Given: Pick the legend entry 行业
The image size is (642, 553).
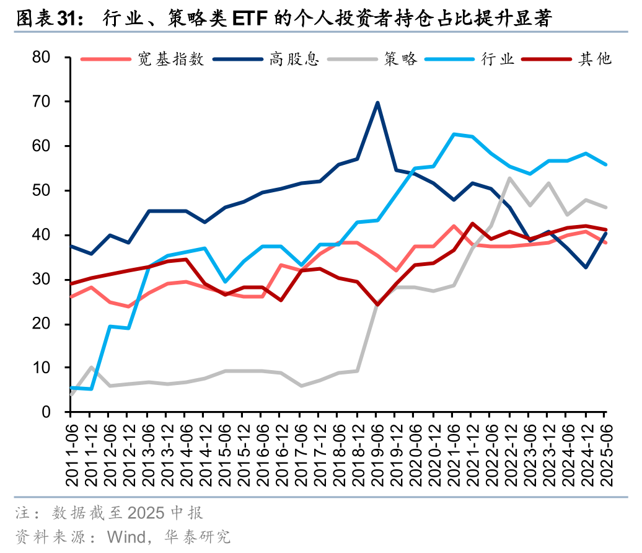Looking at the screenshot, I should pos(498,59).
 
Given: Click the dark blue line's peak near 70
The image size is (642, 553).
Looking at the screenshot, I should pos(377,103).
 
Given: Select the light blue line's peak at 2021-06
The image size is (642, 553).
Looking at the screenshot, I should pos(454,134).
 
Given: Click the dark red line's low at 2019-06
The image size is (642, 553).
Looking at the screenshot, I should pos(377,304).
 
